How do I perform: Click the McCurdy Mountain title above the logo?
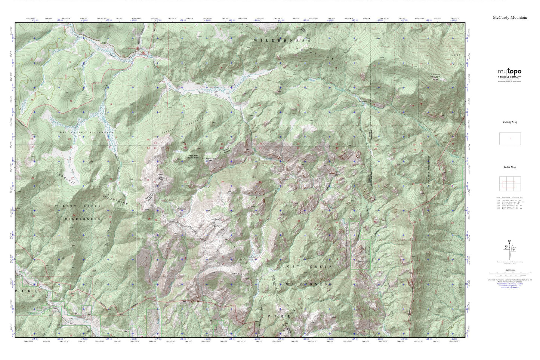[x=510, y=18]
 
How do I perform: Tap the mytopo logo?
[x=509, y=72]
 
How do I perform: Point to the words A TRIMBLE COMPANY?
[x=509, y=77]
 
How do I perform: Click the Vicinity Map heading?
[x=510, y=122]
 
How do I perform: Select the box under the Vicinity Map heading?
[x=510, y=139]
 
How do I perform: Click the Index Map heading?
[x=510, y=167]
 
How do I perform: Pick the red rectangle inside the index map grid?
[x=509, y=184]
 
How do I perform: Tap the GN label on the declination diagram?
[x=509, y=241]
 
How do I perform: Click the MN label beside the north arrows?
[x=515, y=247]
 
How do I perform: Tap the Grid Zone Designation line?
[x=510, y=286]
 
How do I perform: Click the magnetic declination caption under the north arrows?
[x=510, y=263]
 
